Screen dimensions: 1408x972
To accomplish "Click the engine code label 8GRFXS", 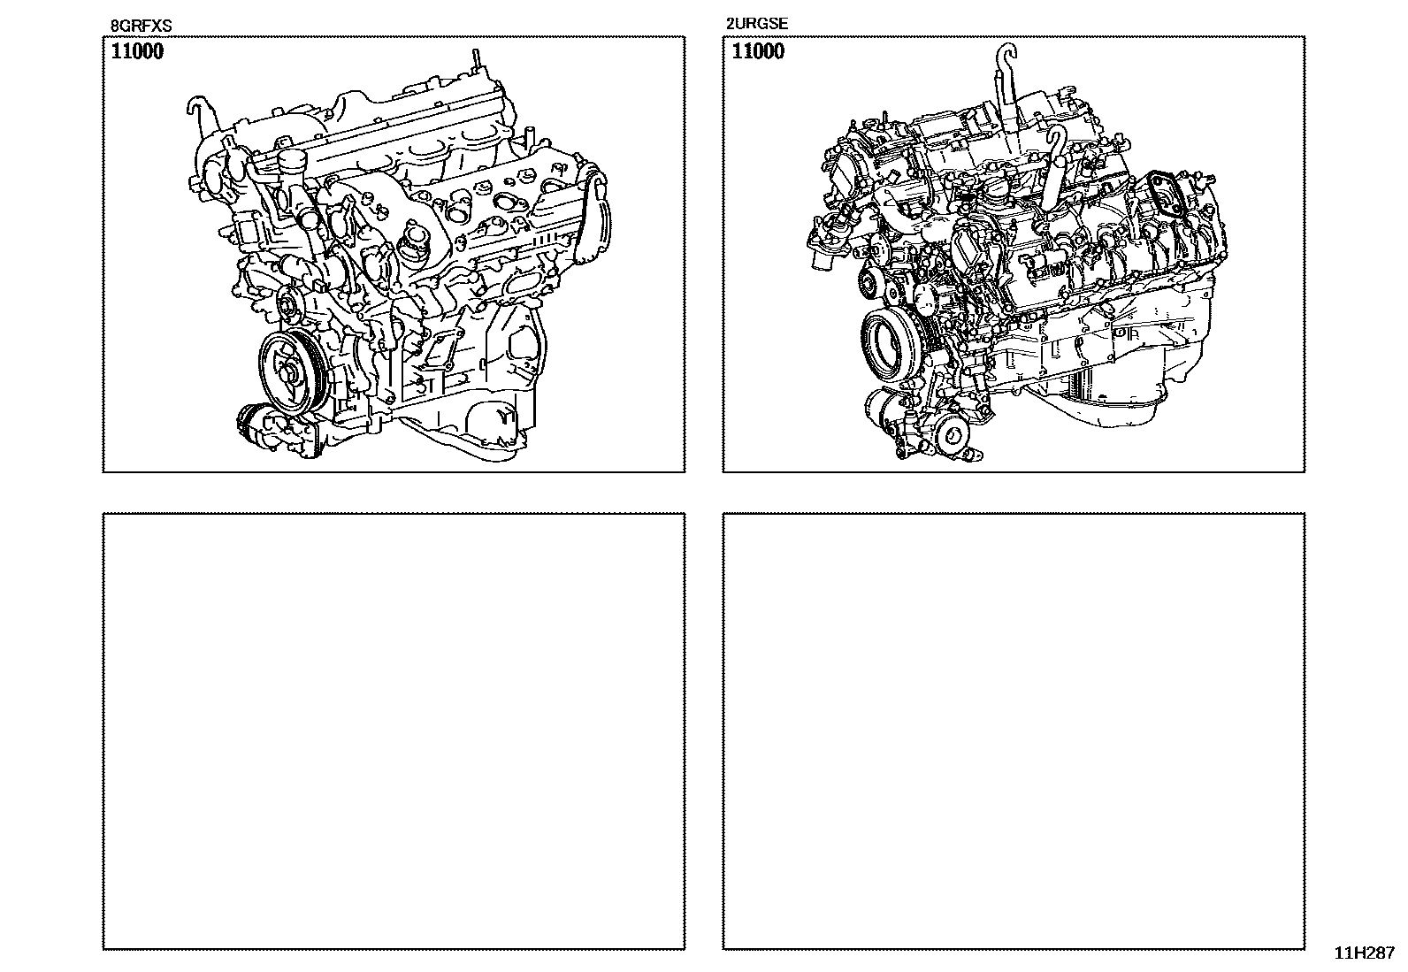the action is click(x=141, y=26).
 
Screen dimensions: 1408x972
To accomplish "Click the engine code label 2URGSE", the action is click(x=757, y=24).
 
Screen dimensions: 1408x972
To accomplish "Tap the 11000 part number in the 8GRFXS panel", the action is click(x=137, y=51).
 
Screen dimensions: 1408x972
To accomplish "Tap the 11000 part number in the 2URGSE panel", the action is click(x=758, y=51).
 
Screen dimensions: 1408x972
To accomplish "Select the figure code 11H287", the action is click(x=1365, y=953).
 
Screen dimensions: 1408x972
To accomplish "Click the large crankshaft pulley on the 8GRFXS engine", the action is click(x=291, y=373).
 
